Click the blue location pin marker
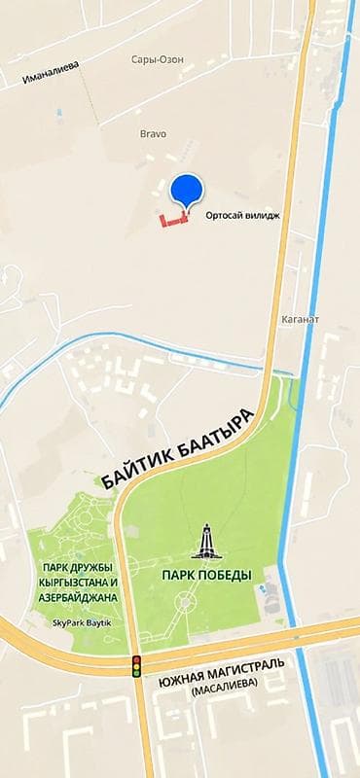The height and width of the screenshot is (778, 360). (x=185, y=192)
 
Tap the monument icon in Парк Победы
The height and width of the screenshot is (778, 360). (x=205, y=543)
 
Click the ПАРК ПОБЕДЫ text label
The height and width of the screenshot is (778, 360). (x=206, y=575)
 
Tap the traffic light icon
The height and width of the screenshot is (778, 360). (x=136, y=666)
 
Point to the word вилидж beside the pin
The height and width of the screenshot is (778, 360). (x=263, y=217)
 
